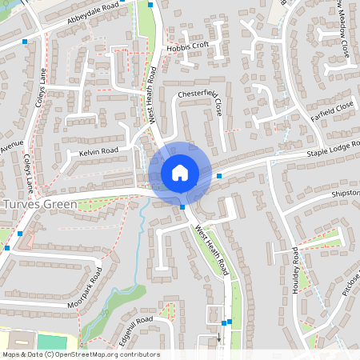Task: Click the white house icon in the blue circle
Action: [179, 172]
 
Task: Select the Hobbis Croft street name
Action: [188, 46]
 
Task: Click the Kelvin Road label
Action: [98, 150]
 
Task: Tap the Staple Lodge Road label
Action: [331, 148]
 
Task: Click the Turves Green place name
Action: [39, 204]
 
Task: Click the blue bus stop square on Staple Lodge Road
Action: [219, 176]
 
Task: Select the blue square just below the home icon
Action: [183, 207]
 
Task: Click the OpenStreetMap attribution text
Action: [80, 354]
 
